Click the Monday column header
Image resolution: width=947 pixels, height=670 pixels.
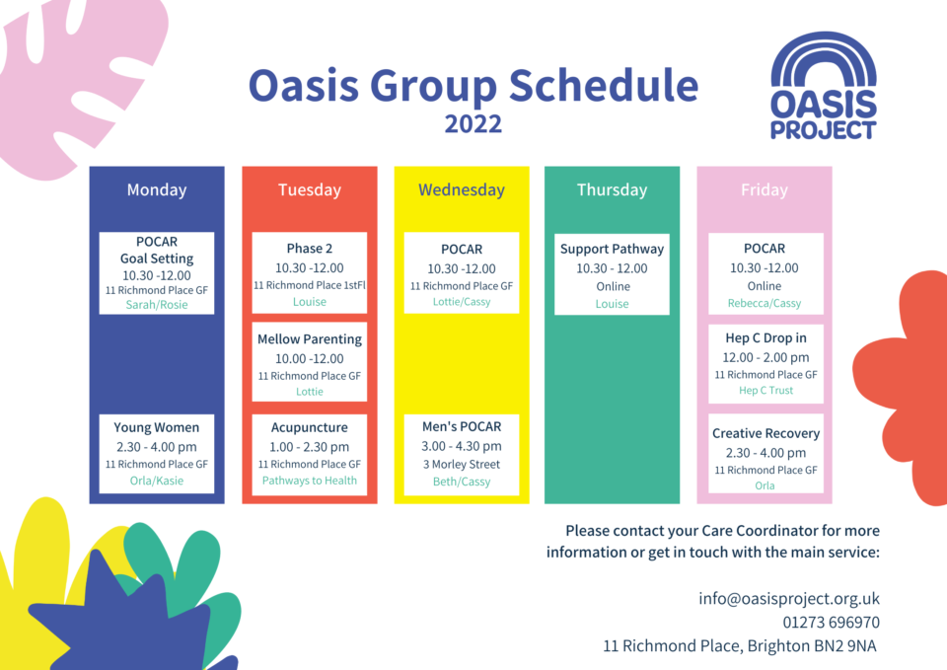pos(156,190)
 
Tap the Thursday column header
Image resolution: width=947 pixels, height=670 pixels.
pos(612,190)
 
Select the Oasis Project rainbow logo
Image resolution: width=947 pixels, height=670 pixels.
pos(824,86)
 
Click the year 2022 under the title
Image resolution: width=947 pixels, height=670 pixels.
pos(473,124)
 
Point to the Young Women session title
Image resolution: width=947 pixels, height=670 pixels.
pos(156,427)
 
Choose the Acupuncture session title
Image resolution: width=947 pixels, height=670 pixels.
pos(309,427)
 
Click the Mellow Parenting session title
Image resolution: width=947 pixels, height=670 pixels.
pos(309,338)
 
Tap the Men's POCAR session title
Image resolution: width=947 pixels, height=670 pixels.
pos(461,426)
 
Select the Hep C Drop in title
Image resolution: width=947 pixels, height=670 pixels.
pos(765,337)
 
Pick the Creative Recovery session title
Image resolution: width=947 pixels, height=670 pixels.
pos(765,433)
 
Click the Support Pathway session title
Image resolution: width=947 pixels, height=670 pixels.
pos(612,249)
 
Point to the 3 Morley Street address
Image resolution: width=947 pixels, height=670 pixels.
pos(461,464)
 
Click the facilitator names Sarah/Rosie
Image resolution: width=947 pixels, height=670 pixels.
pos(156,305)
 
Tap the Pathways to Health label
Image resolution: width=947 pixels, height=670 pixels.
pos(309,481)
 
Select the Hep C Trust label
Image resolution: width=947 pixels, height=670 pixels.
pos(765,391)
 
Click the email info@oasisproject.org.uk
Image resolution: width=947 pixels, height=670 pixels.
pos(788,598)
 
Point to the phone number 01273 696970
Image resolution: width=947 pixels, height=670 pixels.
pos(831,623)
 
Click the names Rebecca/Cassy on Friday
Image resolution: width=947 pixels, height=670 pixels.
pos(765,304)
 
